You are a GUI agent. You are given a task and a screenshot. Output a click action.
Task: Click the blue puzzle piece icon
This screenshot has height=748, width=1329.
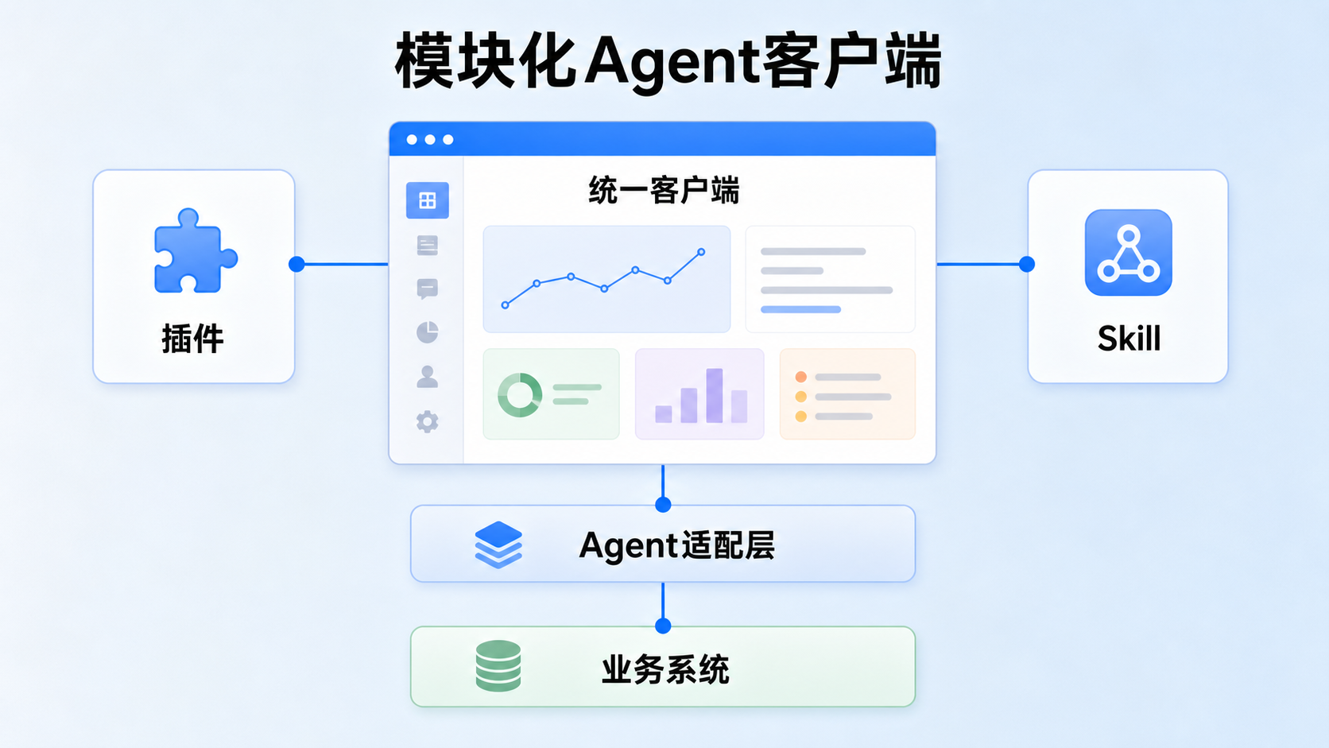[x=196, y=251]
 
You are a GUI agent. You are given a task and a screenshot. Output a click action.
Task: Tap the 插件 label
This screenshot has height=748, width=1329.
[x=193, y=339]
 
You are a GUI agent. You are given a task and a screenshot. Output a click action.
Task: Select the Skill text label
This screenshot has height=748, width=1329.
[x=1129, y=339]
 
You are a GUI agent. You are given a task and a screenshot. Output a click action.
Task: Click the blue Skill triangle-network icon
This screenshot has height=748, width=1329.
[x=1129, y=252]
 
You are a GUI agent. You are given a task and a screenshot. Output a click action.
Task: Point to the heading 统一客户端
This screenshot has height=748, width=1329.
[x=664, y=191]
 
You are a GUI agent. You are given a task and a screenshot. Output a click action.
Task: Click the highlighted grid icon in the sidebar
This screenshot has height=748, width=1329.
[x=427, y=200]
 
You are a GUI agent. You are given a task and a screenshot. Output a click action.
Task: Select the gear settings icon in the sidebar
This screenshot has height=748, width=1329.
[x=427, y=422]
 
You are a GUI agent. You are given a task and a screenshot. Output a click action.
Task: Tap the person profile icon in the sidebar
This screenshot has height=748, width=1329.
[x=427, y=377]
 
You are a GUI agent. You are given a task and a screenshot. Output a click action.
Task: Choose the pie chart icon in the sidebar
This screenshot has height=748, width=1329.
[x=427, y=332]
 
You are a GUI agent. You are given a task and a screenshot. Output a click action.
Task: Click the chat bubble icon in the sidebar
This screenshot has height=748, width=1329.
[x=427, y=289]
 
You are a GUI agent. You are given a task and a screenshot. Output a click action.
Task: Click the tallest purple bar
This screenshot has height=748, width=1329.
[x=715, y=396]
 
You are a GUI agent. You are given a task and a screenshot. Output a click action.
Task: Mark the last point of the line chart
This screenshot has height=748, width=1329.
[x=701, y=252]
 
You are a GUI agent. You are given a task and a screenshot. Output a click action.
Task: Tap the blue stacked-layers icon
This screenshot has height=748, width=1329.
[x=498, y=545]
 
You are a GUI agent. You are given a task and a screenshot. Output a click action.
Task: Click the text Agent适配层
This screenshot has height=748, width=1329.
[x=677, y=545]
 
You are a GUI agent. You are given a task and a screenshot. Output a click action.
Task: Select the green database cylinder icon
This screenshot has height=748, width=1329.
[x=498, y=665]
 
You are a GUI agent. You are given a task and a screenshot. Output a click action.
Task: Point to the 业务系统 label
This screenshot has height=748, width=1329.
[x=665, y=669]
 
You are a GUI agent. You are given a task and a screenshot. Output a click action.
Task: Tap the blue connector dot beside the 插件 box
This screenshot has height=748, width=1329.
[x=296, y=264]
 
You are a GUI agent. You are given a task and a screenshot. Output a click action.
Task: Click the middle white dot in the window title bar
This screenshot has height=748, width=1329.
[x=430, y=139]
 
